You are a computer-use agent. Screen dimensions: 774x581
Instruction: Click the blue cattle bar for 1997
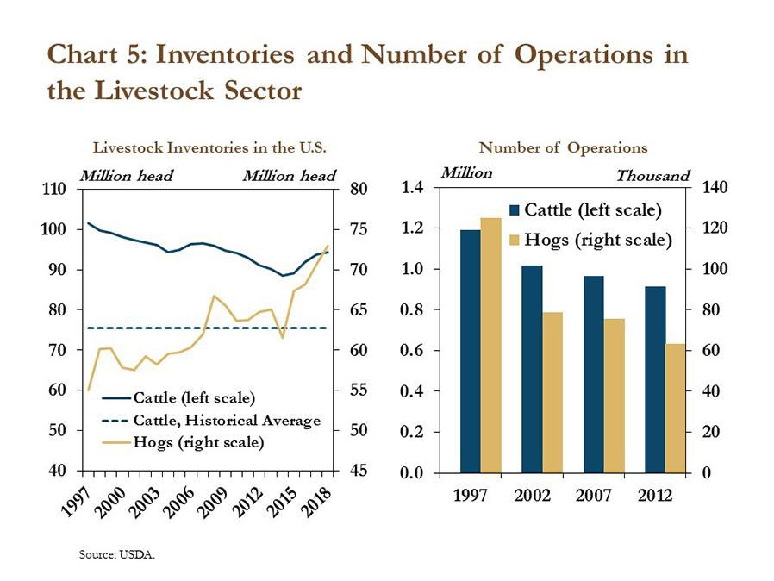pyautogui.click(x=471, y=351)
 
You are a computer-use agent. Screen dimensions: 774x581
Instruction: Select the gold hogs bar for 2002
pyautogui.click(x=552, y=392)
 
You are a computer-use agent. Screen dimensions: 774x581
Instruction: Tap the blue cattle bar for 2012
pyautogui.click(x=655, y=379)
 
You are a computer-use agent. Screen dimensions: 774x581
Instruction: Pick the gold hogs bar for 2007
pyautogui.click(x=614, y=396)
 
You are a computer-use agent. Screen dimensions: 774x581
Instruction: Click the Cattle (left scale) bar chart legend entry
pyautogui.click(x=585, y=210)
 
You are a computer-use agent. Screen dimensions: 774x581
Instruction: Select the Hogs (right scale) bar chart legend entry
pyautogui.click(x=591, y=240)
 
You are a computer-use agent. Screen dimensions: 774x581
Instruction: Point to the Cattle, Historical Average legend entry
pyautogui.click(x=211, y=421)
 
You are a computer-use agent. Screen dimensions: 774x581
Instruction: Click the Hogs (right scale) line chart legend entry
pyautogui.click(x=183, y=442)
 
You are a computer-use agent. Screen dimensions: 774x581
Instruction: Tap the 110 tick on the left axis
pyautogui.click(x=53, y=189)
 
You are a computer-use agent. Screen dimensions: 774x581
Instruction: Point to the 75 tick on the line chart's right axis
pyautogui.click(x=359, y=229)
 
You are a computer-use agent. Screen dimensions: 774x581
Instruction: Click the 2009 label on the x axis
pyautogui.click(x=212, y=503)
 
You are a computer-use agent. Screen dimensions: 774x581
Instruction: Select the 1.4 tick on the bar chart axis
pyautogui.click(x=413, y=188)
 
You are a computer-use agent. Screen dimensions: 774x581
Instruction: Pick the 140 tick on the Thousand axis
pyautogui.click(x=715, y=188)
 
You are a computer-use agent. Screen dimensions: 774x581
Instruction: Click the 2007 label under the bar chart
pyautogui.click(x=593, y=495)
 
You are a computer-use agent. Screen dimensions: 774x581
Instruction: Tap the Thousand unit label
pyautogui.click(x=652, y=176)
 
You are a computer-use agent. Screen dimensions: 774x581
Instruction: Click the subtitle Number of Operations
pyautogui.click(x=563, y=147)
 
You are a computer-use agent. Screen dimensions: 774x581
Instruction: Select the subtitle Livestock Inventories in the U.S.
pyautogui.click(x=209, y=147)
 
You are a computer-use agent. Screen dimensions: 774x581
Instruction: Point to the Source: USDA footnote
pyautogui.click(x=117, y=554)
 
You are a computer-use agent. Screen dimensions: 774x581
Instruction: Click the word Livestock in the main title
pyautogui.click(x=154, y=91)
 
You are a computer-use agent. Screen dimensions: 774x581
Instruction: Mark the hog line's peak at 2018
pyautogui.click(x=328, y=246)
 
